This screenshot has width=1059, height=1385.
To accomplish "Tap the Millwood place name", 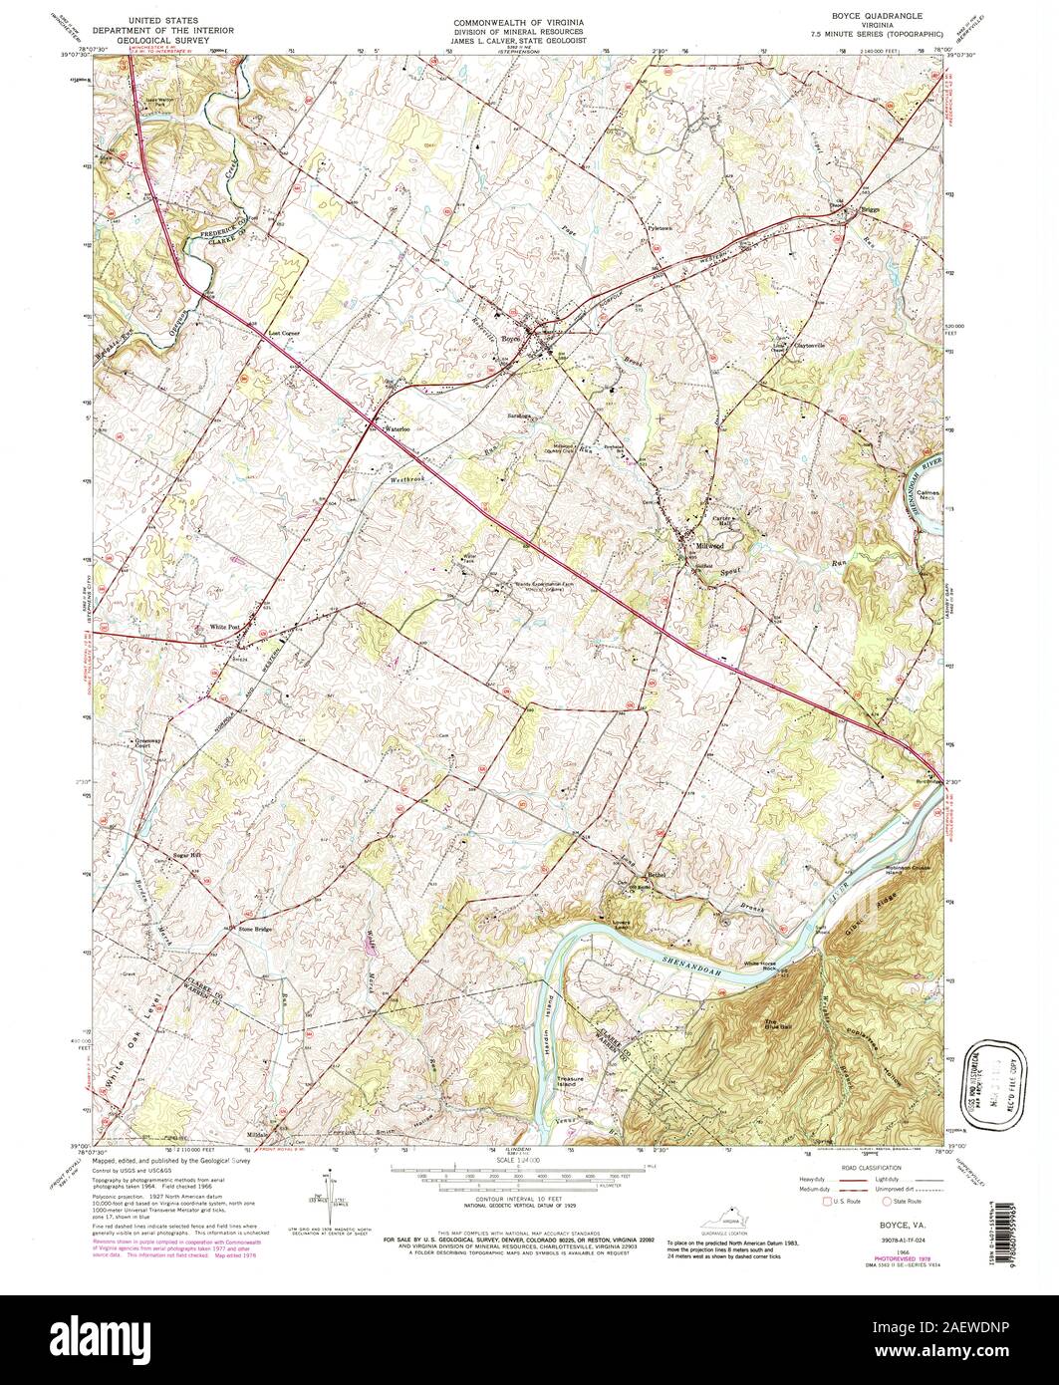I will point(710,546).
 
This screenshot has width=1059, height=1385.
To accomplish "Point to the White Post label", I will point(225,627).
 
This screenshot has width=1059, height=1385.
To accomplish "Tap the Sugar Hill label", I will point(188,855).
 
